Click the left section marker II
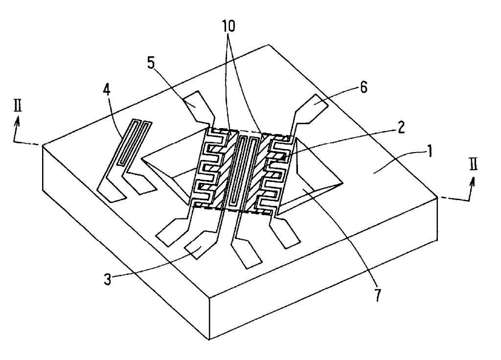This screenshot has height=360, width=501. [x=18, y=107]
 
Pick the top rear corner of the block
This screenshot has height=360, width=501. [x=268, y=45]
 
